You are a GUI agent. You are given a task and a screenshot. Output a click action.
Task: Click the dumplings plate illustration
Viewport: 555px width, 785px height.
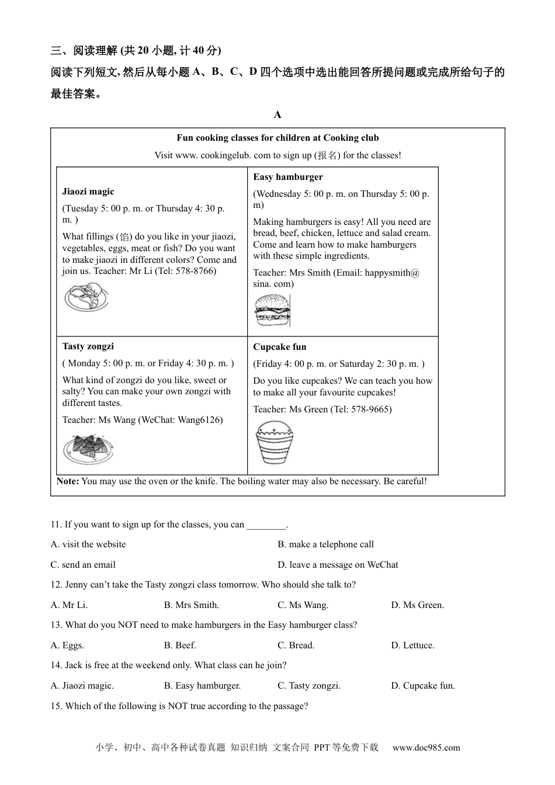pyautogui.click(x=86, y=297)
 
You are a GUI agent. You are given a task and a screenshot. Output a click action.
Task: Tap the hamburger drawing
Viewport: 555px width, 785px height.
pyautogui.click(x=272, y=310)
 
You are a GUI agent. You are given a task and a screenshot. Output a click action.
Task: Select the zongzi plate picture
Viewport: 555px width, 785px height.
pyautogui.click(x=88, y=449)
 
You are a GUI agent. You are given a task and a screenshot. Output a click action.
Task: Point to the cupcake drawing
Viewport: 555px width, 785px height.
pyautogui.click(x=274, y=442)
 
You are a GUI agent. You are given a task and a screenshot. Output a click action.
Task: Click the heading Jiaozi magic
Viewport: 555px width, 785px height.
pyautogui.click(x=88, y=192)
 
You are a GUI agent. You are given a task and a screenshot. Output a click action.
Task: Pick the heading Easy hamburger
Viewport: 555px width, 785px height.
pyautogui.click(x=287, y=177)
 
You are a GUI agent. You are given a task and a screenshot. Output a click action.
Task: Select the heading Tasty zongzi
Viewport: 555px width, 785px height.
pyautogui.click(x=88, y=346)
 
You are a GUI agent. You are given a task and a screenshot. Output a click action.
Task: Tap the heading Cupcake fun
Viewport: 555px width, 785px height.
pyautogui.click(x=279, y=347)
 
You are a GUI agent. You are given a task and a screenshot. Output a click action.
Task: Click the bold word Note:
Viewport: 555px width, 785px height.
pyautogui.click(x=68, y=481)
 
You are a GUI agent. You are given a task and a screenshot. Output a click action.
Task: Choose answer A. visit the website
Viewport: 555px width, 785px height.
pyautogui.click(x=88, y=544)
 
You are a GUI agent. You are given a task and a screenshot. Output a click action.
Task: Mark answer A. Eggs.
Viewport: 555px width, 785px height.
pyautogui.click(x=67, y=645)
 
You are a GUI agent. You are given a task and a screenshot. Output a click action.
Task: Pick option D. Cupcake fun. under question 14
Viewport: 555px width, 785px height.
pyautogui.click(x=422, y=686)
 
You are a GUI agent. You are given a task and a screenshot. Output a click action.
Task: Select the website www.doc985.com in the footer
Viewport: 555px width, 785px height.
pyautogui.click(x=426, y=748)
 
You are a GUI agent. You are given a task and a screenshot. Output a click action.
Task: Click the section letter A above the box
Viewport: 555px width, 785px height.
pyautogui.click(x=277, y=114)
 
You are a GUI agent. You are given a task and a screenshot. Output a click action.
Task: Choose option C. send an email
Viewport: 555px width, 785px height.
pyautogui.click(x=83, y=565)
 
